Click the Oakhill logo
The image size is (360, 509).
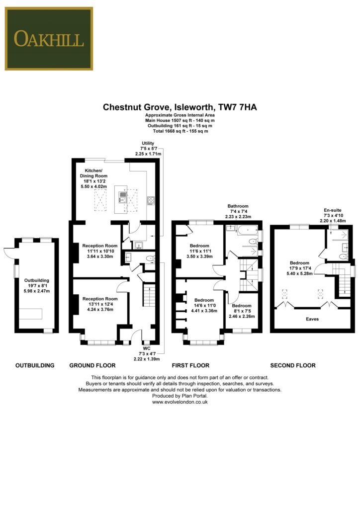coord(49,39)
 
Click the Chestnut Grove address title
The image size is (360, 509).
coord(180,107)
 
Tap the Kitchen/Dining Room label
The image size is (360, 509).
coord(93,178)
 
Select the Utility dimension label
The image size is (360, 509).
coord(148,148)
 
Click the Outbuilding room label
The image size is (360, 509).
coord(37,286)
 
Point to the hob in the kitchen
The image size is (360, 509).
coord(151,201)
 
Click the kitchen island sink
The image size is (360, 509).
coord(123,197)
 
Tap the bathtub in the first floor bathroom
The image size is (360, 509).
coord(247,231)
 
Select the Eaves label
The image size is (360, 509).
coord(312,319)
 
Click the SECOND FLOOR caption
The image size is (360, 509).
coord(293,365)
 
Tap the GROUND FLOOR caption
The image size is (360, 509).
coord(92,365)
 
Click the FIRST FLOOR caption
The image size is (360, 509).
coord(190,365)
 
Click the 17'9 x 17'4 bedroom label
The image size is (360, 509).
coord(300,268)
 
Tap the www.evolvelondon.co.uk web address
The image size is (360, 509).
coord(180,402)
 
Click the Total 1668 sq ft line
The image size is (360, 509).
coord(180,131)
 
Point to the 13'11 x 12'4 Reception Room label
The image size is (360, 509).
coord(100,304)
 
